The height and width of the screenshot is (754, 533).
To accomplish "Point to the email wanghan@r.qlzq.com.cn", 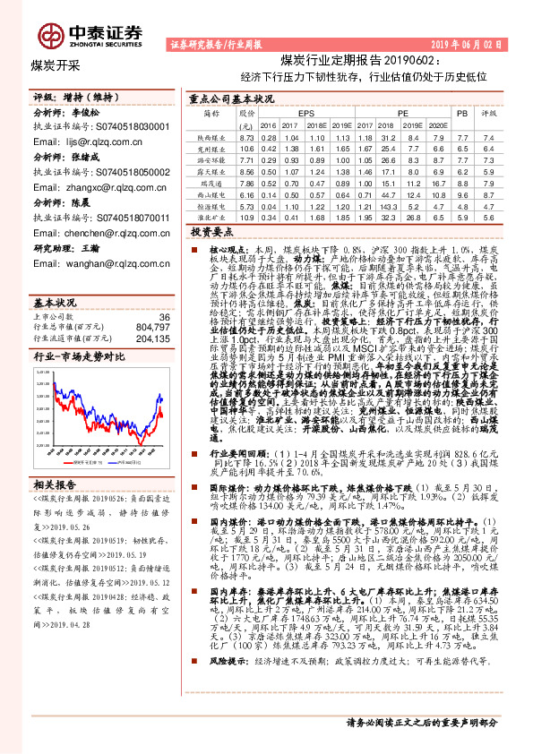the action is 89,264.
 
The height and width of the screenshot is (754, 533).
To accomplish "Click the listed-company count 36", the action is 164,292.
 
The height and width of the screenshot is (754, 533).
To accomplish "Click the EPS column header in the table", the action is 305,115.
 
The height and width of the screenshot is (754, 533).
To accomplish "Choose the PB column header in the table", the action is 462,115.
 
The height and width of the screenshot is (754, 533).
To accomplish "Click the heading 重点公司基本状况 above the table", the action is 232,99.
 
